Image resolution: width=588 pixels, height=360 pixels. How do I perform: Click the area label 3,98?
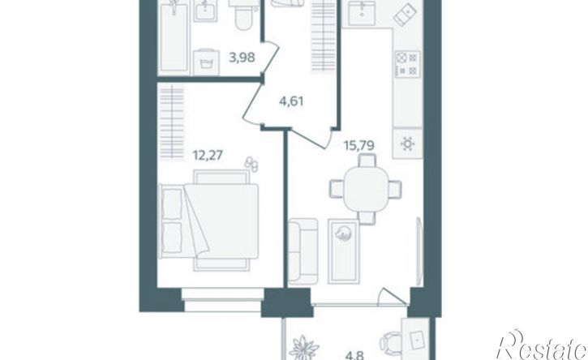coord(242,58)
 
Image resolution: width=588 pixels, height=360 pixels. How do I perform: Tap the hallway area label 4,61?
coord(291,101)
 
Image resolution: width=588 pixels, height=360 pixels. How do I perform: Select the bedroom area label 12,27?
coord(208,155)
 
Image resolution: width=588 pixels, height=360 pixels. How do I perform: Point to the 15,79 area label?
coord(359,145)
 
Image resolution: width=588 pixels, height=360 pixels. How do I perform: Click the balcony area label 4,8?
coord(354,355)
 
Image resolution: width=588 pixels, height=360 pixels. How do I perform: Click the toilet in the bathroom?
coord(242,15)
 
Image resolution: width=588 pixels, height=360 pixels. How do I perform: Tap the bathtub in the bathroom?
coord(174,36)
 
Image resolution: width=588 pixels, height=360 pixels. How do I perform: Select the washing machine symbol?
coord(207,62)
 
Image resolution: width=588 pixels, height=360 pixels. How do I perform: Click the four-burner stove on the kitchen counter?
coord(408,64)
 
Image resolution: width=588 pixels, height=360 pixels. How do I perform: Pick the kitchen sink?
coord(362,12)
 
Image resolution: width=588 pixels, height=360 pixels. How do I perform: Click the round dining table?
coord(366,190)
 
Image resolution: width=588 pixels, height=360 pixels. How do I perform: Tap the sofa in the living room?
coord(303,251)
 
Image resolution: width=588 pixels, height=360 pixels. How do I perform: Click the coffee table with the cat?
coord(344,251)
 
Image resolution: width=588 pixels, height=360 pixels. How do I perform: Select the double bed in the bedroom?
coord(209,221)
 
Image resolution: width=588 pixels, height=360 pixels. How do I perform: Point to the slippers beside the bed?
coord(251,164)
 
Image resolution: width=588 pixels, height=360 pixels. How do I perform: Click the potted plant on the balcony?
coord(304,349)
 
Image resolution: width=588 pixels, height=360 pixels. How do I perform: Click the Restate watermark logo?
coord(541,345)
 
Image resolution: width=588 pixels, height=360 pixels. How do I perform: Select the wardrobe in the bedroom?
coord(172,122)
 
